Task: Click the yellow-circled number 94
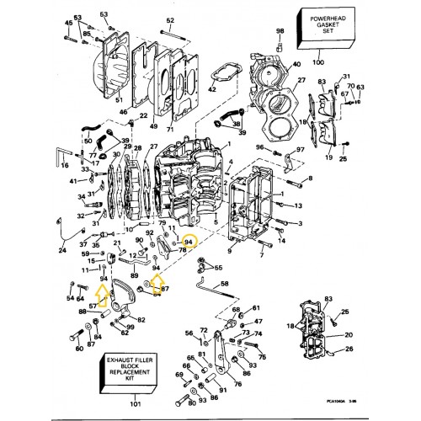189,242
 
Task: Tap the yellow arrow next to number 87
157,289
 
